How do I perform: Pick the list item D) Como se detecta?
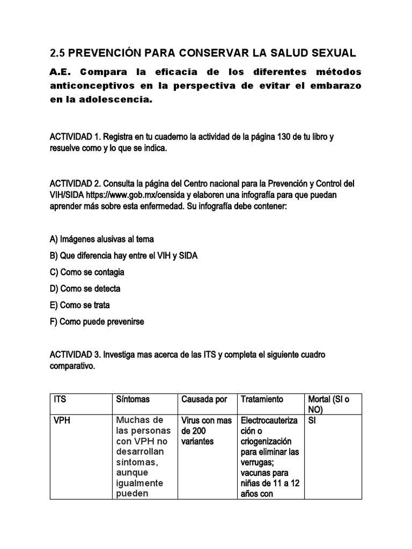[85, 288]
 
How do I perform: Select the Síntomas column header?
[133, 399]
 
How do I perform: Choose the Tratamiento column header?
[262, 399]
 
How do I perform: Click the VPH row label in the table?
[62, 421]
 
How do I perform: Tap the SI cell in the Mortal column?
[312, 421]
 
